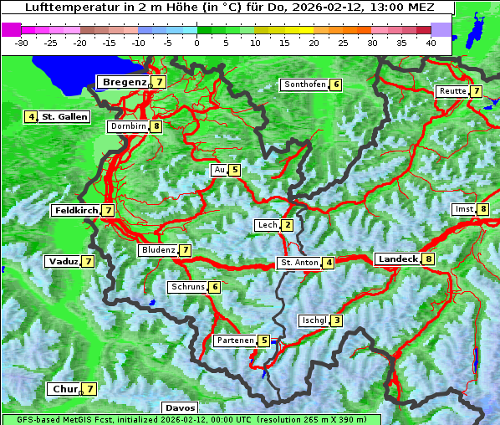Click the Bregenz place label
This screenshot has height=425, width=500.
pyautogui.click(x=124, y=82)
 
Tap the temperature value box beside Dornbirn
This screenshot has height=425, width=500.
pyautogui.click(x=156, y=127)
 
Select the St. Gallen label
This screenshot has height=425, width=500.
pyautogui.click(x=64, y=117)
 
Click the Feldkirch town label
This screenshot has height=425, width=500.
pyautogui.click(x=75, y=211)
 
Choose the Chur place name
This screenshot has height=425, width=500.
pyautogui.click(x=64, y=389)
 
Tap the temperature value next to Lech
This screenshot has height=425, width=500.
pyautogui.click(x=288, y=225)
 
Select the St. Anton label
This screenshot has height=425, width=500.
pyautogui.click(x=299, y=263)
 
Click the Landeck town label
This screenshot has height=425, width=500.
pyautogui.click(x=397, y=259)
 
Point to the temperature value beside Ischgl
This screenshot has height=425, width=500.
pyautogui.click(x=337, y=320)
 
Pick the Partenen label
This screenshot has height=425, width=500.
pyautogui.click(x=234, y=341)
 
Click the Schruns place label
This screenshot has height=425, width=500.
pyautogui.click(x=186, y=287)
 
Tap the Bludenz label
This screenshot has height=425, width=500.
pyautogui.click(x=158, y=250)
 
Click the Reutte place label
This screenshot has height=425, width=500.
pyautogui.click(x=452, y=91)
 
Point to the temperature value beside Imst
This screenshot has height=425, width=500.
pyautogui.click(x=483, y=209)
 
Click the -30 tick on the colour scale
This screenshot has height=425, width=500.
pyautogui.click(x=22, y=43)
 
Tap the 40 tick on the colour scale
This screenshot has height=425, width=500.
pyautogui.click(x=430, y=43)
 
